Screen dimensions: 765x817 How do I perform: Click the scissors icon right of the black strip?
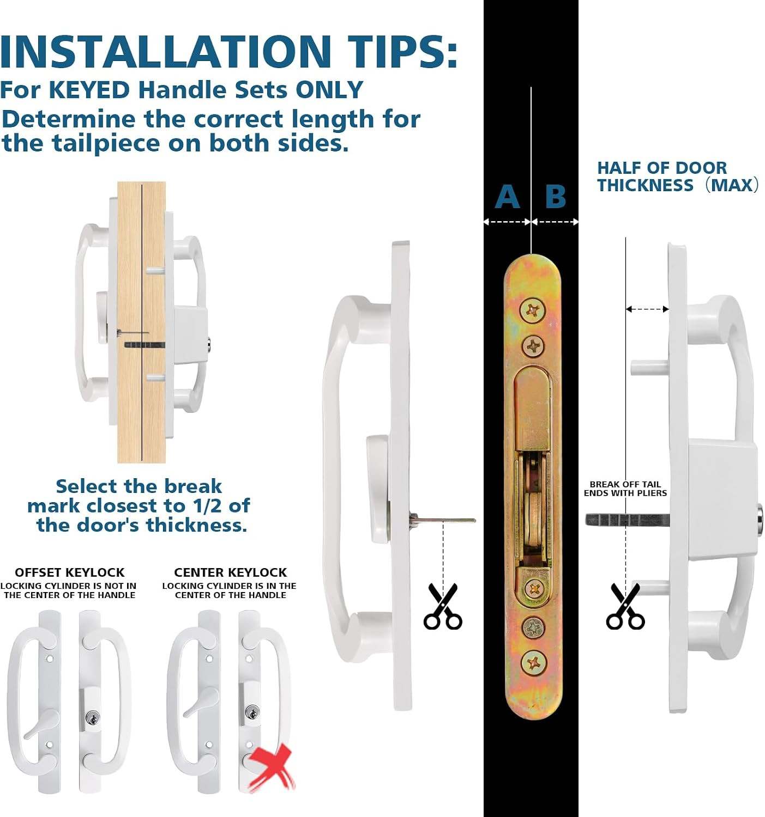[625, 606]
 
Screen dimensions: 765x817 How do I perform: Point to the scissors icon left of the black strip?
[443, 606]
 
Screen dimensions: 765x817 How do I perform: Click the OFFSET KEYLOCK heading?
[70, 572]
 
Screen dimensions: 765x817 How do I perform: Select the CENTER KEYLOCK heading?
[230, 572]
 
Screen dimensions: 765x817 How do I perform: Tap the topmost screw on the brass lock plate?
[533, 310]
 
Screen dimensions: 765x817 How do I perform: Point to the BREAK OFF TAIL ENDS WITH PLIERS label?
[625, 489]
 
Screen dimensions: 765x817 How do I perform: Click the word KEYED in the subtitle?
[89, 90]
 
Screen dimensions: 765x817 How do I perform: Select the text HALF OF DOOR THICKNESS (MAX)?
[678, 176]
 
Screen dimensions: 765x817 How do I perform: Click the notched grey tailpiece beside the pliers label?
[627, 520]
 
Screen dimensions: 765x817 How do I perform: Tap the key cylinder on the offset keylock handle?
[93, 718]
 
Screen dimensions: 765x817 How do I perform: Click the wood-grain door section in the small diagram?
[141, 322]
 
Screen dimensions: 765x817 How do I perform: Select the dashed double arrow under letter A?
[507, 222]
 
